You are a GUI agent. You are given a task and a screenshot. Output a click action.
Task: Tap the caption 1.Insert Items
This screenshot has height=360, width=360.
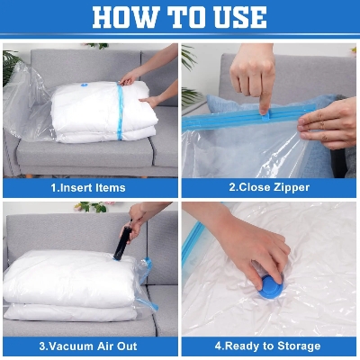click(88, 188)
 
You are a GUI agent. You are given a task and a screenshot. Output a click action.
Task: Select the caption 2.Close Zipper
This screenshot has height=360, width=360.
click(269, 188)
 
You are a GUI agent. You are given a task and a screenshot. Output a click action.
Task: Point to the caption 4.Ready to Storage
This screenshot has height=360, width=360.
click(269, 346)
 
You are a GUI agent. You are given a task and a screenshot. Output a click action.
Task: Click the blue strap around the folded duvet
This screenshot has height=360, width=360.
click(119, 112)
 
